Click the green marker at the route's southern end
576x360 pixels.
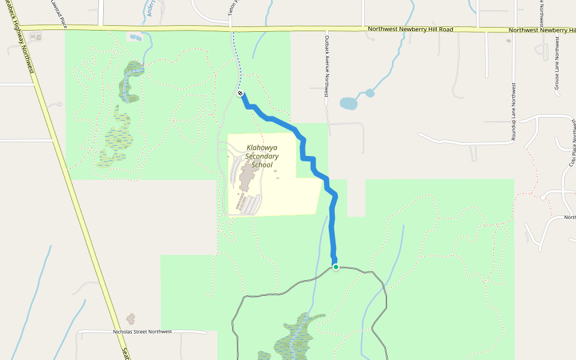click(x=336, y=267)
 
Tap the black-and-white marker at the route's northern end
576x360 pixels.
click(x=240, y=94)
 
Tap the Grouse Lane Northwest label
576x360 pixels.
click(x=557, y=64)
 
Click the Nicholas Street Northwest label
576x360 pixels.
click(x=142, y=332)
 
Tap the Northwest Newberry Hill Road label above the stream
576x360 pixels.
click(x=410, y=29)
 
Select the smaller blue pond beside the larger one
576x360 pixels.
click(x=370, y=93)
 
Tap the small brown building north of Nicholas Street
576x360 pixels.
click(x=131, y=318)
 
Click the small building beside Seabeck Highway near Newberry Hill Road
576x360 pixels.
click(x=37, y=37)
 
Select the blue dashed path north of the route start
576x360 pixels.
click(x=236, y=60)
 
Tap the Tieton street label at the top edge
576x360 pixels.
click(x=230, y=7)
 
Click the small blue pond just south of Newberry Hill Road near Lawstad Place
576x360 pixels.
click(x=136, y=38)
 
